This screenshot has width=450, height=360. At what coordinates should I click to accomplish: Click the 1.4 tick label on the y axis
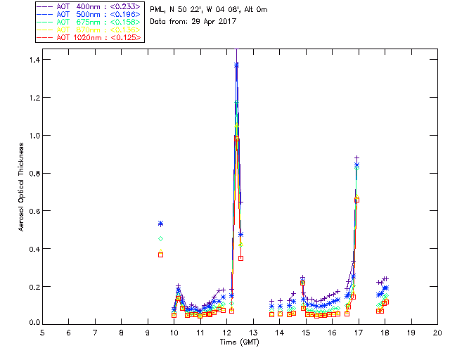point(34,60)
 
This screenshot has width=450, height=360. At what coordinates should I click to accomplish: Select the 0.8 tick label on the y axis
point(34,174)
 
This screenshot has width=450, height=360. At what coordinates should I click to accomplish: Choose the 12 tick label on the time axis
point(227,333)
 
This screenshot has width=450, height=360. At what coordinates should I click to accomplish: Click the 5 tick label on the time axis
point(42,333)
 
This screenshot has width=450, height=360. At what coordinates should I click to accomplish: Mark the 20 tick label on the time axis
point(437,333)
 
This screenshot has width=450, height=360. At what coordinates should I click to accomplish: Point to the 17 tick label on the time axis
point(359,333)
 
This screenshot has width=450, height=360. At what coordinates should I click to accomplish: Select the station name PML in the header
point(157,10)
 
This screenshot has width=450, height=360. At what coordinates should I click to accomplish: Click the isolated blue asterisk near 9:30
point(161,224)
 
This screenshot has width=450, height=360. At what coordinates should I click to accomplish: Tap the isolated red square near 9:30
point(161,255)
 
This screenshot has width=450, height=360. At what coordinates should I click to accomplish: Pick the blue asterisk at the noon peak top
point(236,65)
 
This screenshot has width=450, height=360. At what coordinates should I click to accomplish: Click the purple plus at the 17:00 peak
point(357,158)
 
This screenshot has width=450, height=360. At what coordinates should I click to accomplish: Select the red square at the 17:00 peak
point(357,200)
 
